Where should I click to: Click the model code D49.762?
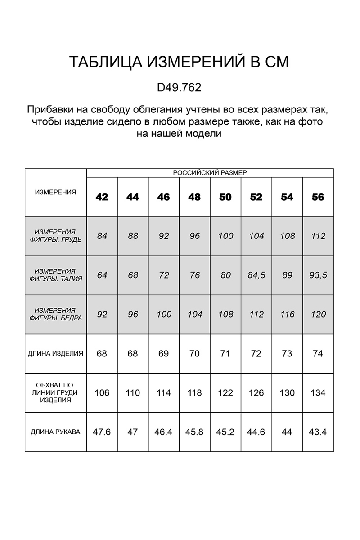click(x=179, y=87)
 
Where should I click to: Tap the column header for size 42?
click(x=102, y=197)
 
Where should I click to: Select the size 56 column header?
click(x=318, y=197)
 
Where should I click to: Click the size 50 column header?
click(x=225, y=197)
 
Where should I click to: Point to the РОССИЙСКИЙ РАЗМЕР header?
click(x=210, y=173)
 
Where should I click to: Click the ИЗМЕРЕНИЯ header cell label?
click(x=55, y=192)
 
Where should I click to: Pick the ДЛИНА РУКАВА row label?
click(x=55, y=432)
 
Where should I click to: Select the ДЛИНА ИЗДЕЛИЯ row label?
click(x=55, y=354)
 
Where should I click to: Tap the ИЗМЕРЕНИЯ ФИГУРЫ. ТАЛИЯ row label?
click(x=55, y=275)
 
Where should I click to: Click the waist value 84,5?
click(x=256, y=275)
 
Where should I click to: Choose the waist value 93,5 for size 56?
click(x=318, y=275)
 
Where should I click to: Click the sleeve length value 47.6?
click(x=102, y=432)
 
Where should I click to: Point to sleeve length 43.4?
click(x=318, y=432)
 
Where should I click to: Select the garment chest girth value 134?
click(x=318, y=393)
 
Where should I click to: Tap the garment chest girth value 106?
click(x=102, y=393)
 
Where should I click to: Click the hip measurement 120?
click(x=318, y=314)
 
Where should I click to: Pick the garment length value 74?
click(x=318, y=354)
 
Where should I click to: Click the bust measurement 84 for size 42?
click(x=102, y=236)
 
